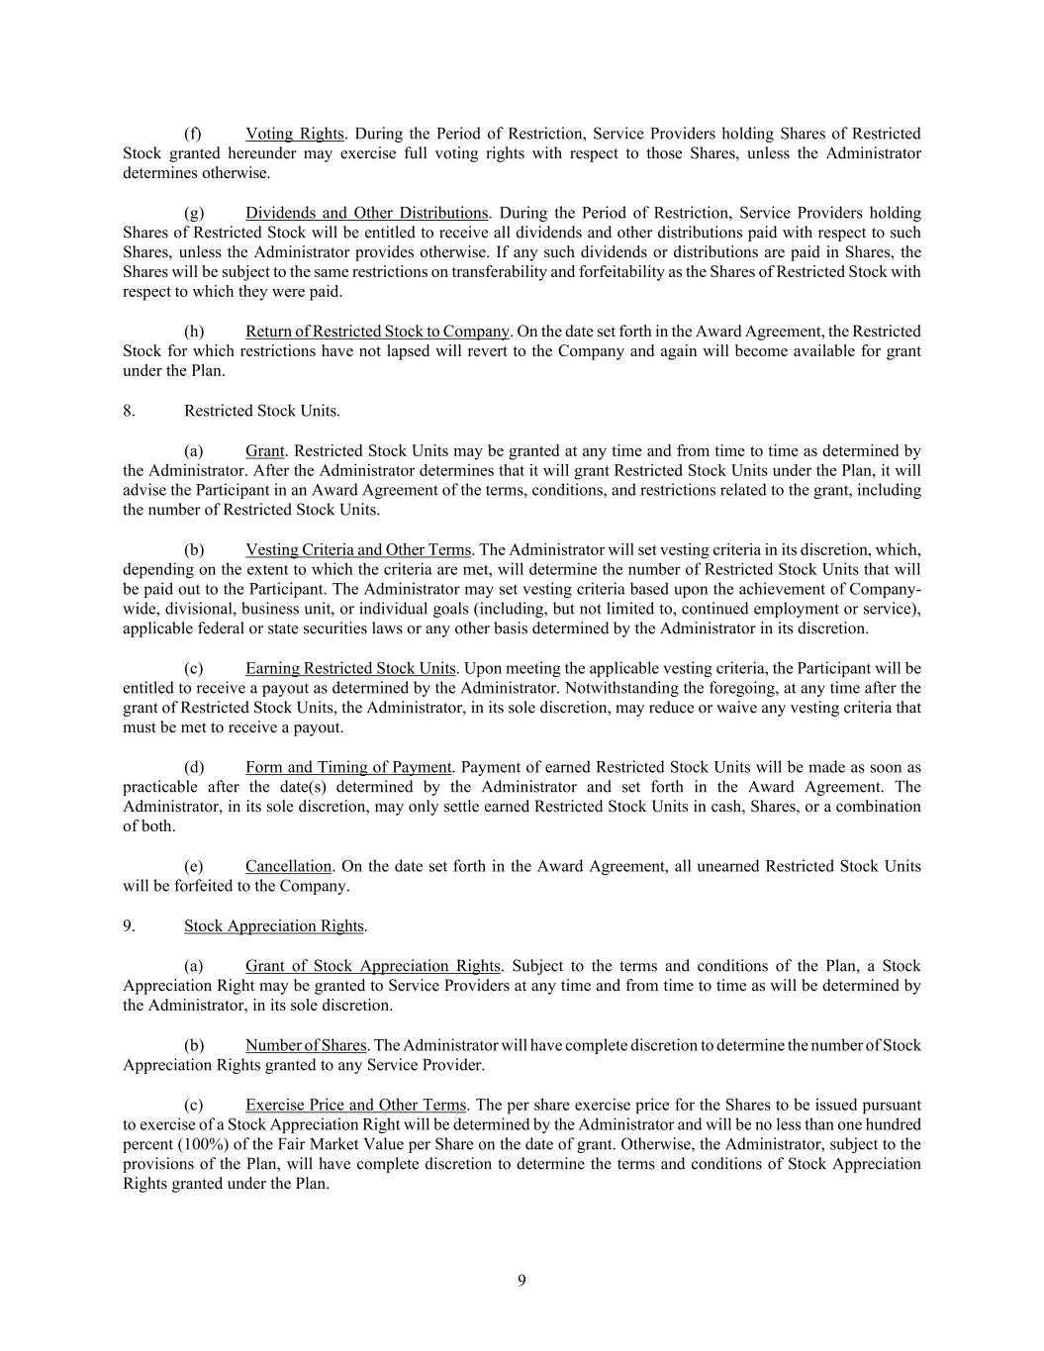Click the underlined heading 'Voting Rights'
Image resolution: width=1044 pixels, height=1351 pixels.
[294, 134]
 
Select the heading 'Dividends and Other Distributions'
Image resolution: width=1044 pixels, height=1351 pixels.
[366, 213]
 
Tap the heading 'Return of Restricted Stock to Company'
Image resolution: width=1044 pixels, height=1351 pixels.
[377, 332]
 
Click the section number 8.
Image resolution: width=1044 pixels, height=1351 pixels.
[129, 411]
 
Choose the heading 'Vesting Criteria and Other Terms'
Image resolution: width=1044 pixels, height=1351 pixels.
[357, 549]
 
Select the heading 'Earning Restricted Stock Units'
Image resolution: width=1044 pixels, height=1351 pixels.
[350, 668]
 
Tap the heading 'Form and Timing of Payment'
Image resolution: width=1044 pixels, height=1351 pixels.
[348, 767]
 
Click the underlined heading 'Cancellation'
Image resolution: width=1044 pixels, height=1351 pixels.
[288, 866]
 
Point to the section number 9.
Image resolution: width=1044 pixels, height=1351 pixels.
[129, 926]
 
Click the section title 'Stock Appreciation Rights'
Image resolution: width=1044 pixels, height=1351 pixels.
[274, 926]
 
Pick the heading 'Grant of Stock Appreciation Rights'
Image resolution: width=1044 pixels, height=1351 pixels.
[373, 966]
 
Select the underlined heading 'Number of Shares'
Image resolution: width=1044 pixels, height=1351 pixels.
[306, 1045]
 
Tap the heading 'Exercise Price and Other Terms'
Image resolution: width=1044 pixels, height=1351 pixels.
[355, 1105]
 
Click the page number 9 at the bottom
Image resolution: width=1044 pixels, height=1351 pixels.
[522, 1281]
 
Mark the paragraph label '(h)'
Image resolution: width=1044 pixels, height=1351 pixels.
[194, 332]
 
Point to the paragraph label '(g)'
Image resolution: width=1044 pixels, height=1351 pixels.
[194, 213]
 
